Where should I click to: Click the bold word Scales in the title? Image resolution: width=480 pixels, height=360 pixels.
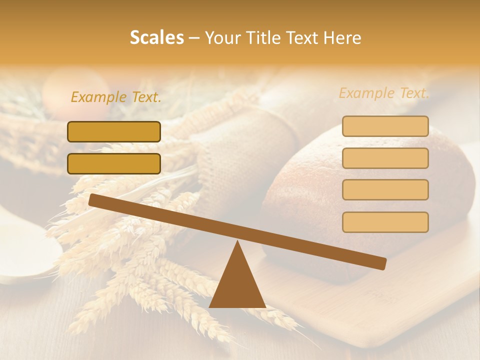[156, 38]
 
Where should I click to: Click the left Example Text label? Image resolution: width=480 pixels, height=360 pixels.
[116, 97]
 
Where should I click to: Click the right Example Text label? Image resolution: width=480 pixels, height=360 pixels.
[384, 93]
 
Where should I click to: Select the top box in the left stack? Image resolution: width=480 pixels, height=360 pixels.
[114, 131]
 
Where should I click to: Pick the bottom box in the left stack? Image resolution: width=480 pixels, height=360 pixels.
[114, 163]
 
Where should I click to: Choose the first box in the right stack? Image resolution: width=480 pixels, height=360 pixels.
[385, 126]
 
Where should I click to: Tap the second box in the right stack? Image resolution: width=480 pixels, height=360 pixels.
[385, 158]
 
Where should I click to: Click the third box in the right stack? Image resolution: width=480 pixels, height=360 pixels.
[385, 189]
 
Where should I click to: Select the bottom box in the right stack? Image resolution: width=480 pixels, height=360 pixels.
[385, 222]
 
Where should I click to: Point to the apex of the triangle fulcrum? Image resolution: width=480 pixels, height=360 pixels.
[237, 242]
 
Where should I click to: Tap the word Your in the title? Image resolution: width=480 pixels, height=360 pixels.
[222, 38]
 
